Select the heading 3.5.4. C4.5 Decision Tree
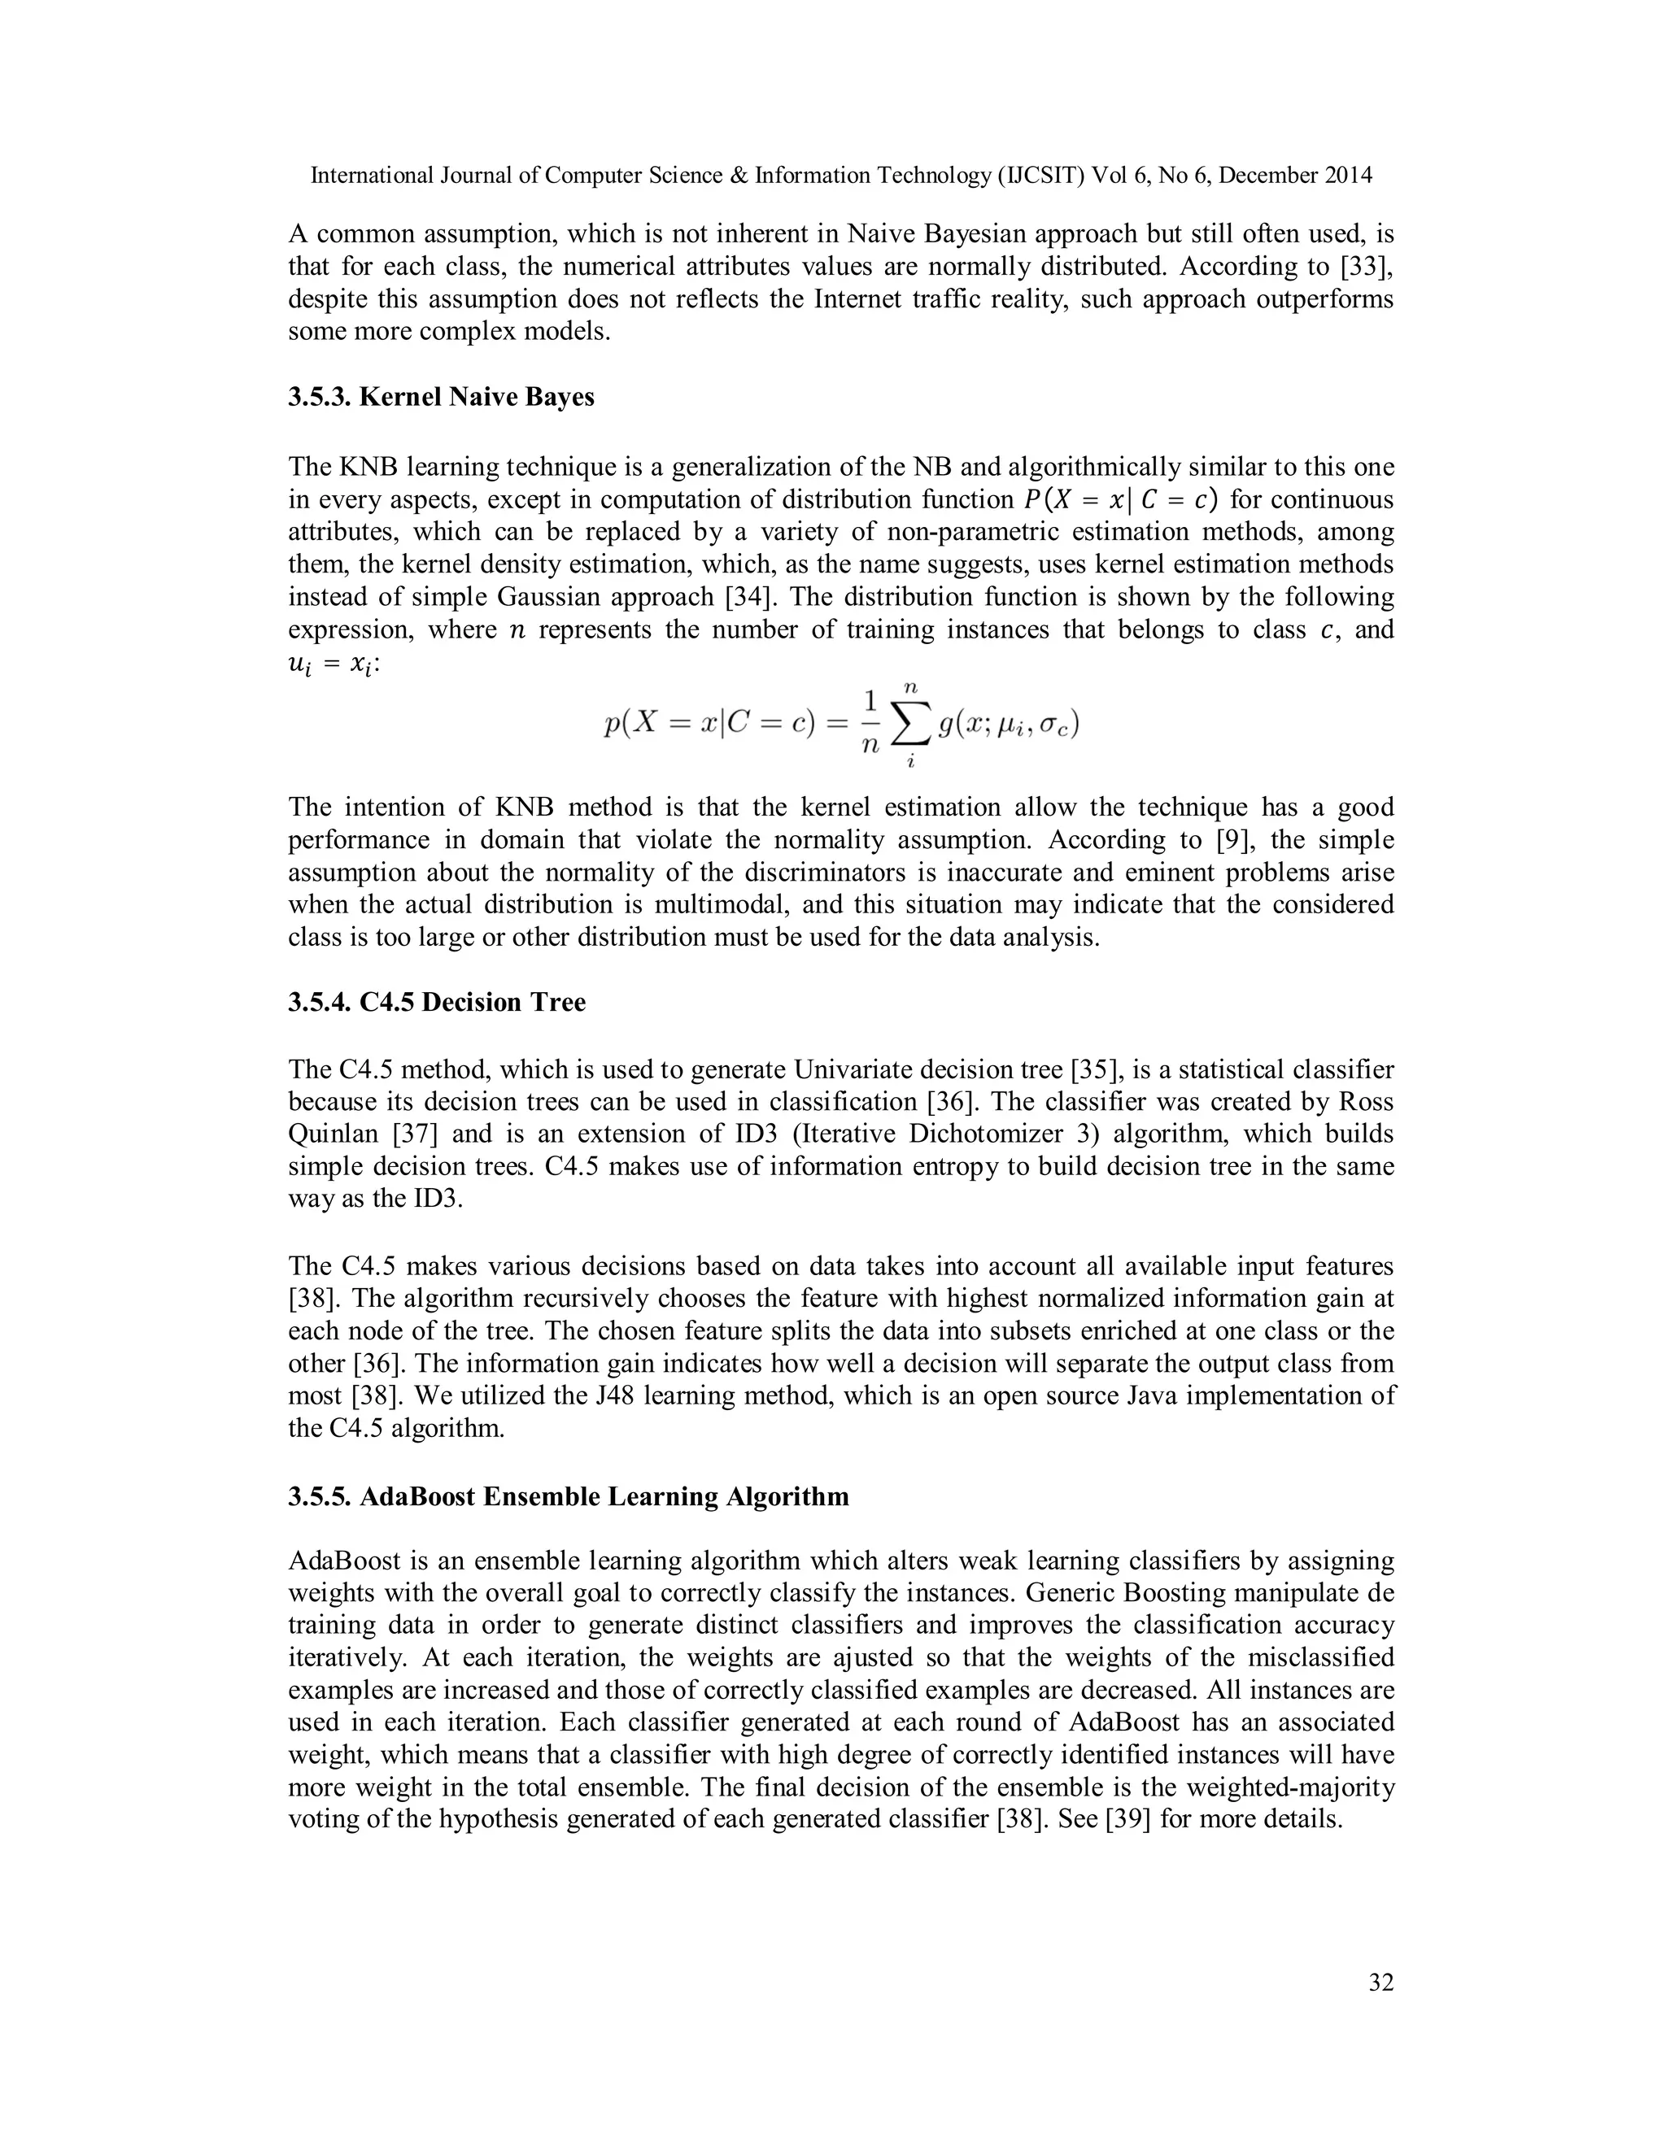[436, 1003]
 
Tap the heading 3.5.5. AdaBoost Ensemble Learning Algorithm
[569, 1497]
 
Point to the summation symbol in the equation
[911, 726]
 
